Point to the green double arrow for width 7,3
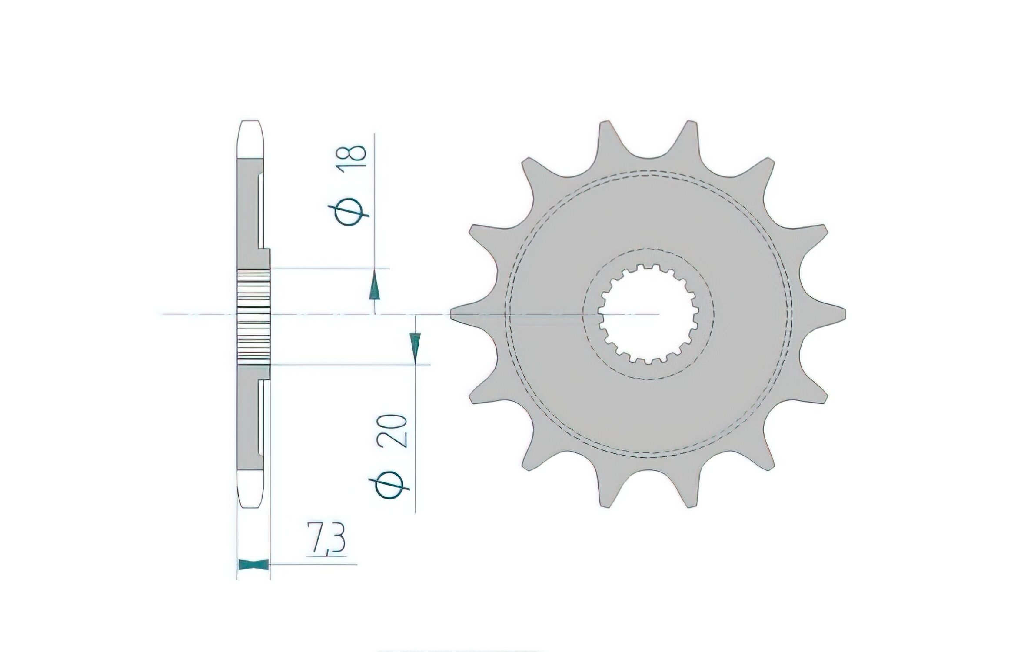coord(253,565)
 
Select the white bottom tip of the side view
coord(253,489)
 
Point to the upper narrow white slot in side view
coord(262,211)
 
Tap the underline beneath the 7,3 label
coord(327,556)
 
